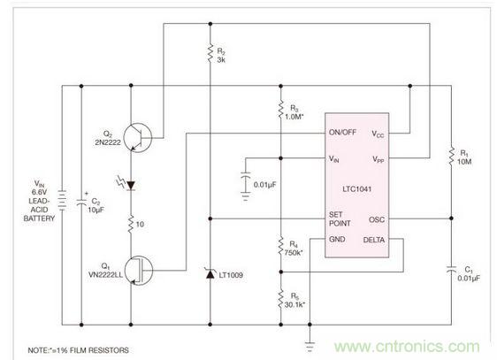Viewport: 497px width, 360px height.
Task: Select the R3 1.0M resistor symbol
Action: tap(279, 112)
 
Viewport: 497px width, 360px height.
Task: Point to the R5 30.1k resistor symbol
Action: tap(279, 297)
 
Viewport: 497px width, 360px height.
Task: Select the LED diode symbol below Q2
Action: tap(131, 186)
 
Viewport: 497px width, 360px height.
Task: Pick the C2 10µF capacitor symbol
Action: tap(81, 202)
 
